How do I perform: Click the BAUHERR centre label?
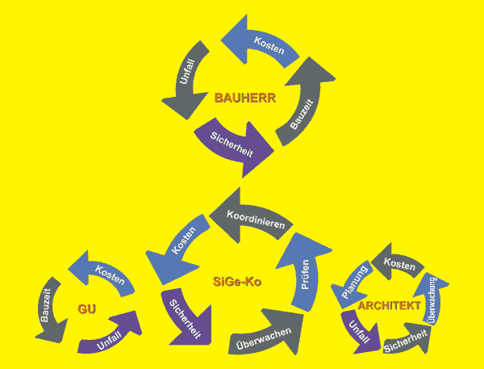(x=246, y=99)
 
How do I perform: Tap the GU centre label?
(x=87, y=308)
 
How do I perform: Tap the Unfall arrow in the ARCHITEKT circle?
(x=360, y=332)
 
